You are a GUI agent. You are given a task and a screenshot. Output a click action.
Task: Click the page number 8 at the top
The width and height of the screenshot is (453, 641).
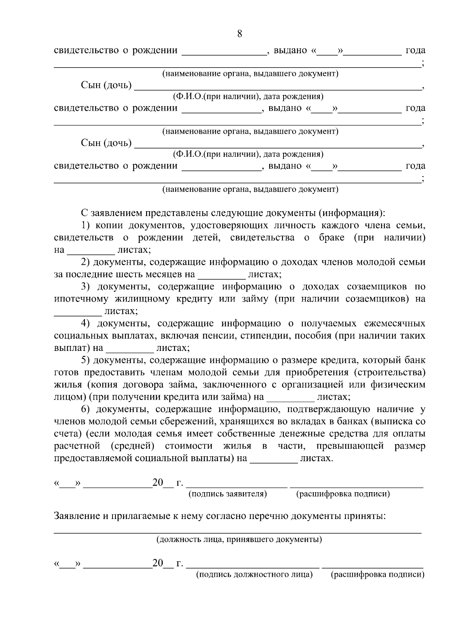(239, 34)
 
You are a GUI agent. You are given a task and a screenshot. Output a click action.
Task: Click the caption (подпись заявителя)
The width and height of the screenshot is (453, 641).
(228, 494)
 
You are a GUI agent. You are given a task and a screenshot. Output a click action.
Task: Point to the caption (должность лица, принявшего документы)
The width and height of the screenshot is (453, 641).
(239, 539)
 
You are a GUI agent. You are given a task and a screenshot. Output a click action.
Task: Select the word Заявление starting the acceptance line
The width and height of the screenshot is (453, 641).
(77, 516)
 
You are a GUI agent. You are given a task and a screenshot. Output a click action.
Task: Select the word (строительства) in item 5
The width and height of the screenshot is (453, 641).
(390, 372)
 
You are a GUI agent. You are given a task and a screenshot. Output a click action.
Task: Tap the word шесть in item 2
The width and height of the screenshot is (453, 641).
(129, 274)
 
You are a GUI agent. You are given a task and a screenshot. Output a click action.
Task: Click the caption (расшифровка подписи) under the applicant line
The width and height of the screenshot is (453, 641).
(343, 494)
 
